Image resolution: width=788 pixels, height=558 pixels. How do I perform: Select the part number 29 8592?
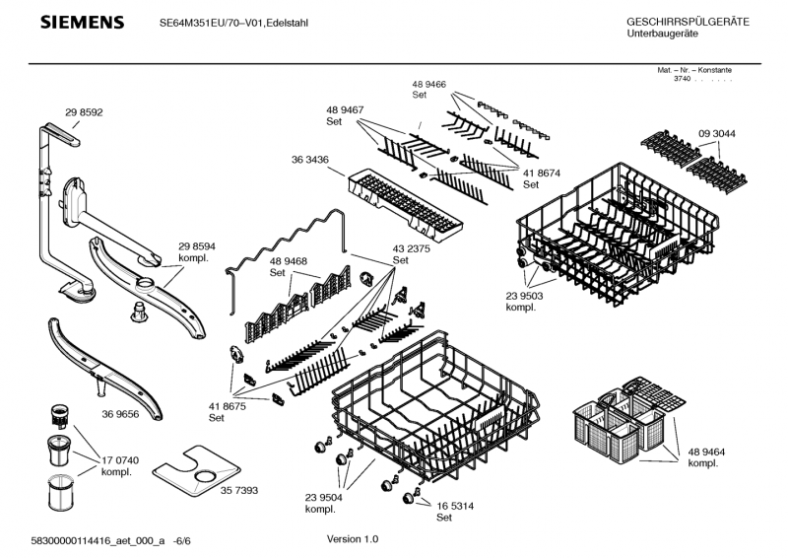[x=84, y=112]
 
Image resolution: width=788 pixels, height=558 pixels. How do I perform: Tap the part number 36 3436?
[x=310, y=160]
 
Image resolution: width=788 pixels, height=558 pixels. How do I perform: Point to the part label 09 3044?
[x=717, y=133]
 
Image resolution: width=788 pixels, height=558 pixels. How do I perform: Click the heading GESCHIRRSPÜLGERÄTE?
[x=688, y=22]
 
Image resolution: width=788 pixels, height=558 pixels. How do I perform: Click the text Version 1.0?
[x=352, y=539]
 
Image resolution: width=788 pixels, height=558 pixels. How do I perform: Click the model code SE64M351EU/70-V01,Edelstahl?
[x=232, y=23]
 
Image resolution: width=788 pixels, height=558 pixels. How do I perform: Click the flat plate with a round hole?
[x=203, y=474]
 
